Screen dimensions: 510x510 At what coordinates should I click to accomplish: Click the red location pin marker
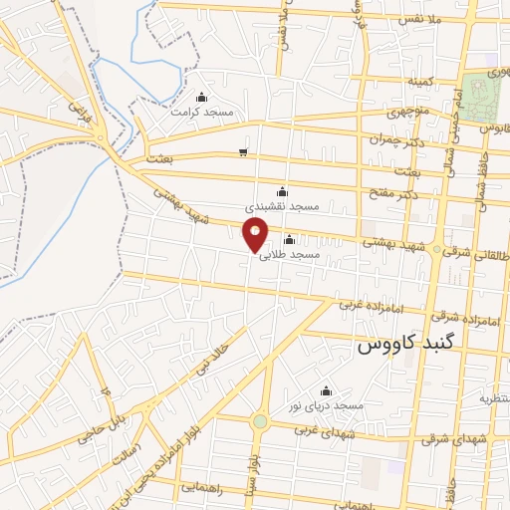256,233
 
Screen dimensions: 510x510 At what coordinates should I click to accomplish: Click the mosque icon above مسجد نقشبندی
282,192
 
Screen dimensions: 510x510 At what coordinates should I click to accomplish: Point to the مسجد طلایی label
290,255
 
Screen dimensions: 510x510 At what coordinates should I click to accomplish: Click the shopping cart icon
243,152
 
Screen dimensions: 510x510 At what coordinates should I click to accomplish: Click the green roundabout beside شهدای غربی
260,421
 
